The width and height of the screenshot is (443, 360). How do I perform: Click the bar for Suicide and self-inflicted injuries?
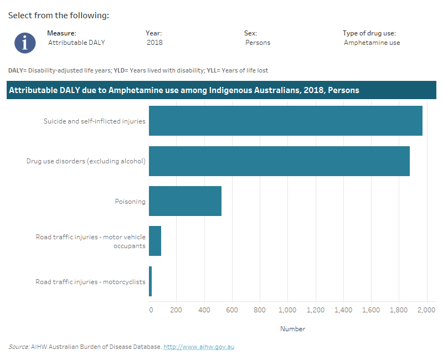point(285,121)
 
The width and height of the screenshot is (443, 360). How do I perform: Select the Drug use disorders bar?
point(279,161)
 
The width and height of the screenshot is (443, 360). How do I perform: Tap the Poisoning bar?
point(185,201)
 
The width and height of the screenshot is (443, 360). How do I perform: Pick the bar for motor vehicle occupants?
point(155,241)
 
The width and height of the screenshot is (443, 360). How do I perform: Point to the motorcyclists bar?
point(150,281)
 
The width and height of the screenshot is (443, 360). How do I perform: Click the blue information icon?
point(25,43)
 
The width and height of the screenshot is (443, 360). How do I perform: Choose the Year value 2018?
point(154,43)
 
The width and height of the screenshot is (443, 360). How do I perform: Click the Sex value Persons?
point(258,43)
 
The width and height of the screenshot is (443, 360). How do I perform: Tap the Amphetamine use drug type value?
point(372,43)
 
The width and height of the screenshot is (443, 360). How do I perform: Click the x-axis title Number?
point(292,329)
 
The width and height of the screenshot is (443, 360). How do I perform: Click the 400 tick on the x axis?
point(204,311)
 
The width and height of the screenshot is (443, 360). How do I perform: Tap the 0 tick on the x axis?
point(151,311)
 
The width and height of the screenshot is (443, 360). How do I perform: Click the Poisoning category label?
point(130,202)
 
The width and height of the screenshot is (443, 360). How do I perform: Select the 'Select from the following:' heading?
point(58,15)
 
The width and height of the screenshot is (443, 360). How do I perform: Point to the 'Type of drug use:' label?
point(369,33)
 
